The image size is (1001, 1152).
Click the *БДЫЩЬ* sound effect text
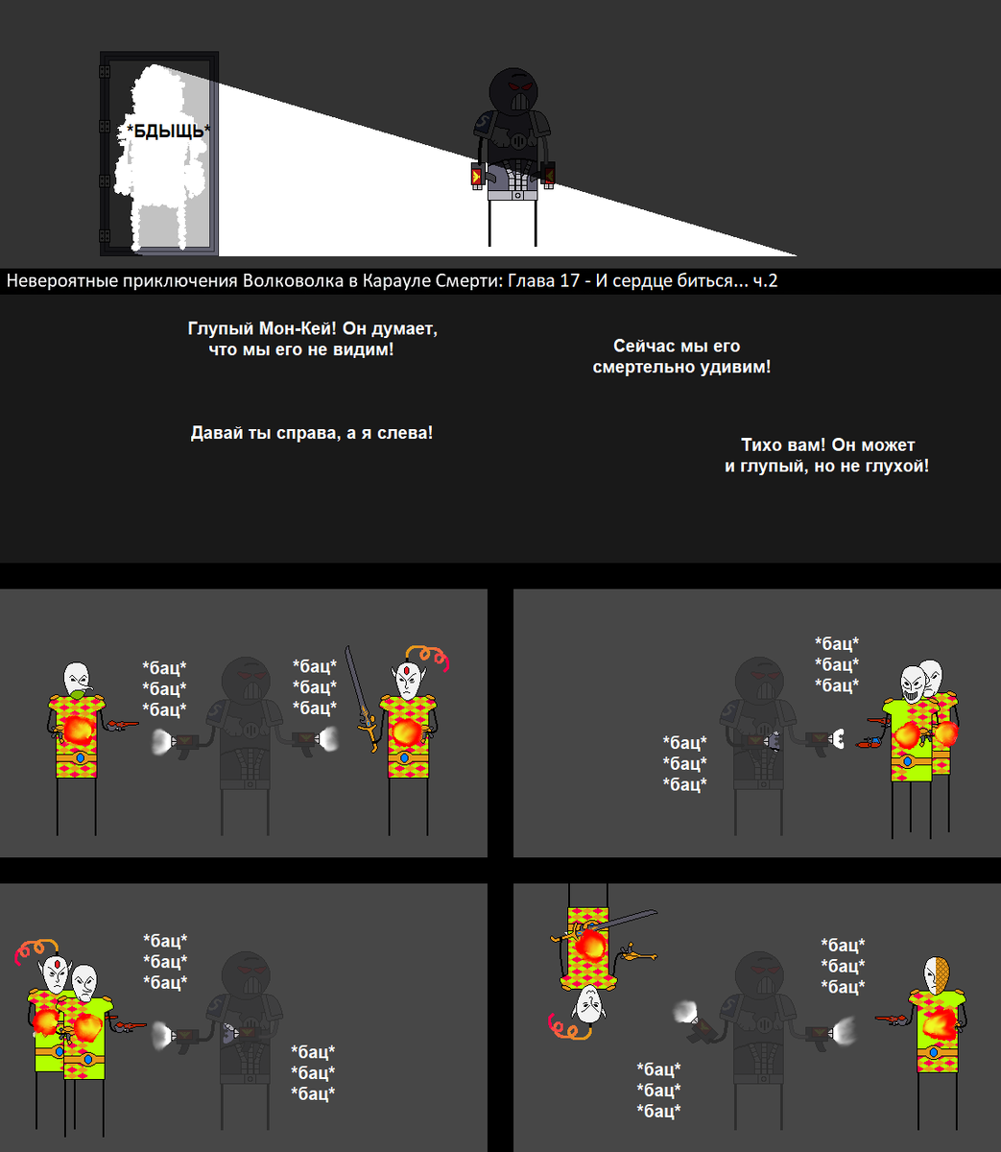tap(168, 132)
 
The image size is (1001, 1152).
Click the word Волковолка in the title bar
tap(293, 280)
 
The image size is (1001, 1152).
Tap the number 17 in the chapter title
tap(569, 280)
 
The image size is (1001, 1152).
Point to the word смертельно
tap(643, 367)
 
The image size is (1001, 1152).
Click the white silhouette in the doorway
tap(161, 157)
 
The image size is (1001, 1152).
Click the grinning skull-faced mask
tap(913, 684)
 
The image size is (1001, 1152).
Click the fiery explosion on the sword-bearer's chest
tap(406, 732)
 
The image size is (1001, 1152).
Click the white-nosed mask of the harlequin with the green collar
tap(77, 679)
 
